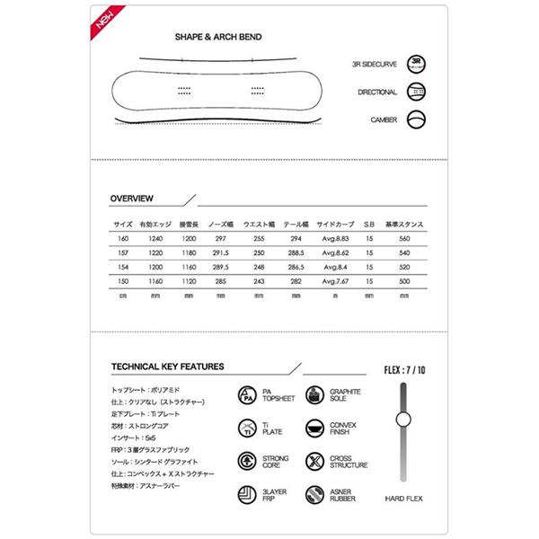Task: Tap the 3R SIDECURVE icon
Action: (x=416, y=64)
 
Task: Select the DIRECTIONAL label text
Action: (x=376, y=92)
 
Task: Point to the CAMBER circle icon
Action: (x=416, y=119)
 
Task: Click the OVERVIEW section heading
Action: (x=131, y=198)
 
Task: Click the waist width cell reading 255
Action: (x=259, y=239)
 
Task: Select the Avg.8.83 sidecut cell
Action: (x=333, y=239)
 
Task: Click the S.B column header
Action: (x=369, y=223)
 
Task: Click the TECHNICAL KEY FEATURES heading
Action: (x=168, y=367)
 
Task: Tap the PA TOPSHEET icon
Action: (x=246, y=396)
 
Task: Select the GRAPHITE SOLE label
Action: (x=346, y=396)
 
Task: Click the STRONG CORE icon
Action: (x=246, y=461)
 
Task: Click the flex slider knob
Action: (x=402, y=418)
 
